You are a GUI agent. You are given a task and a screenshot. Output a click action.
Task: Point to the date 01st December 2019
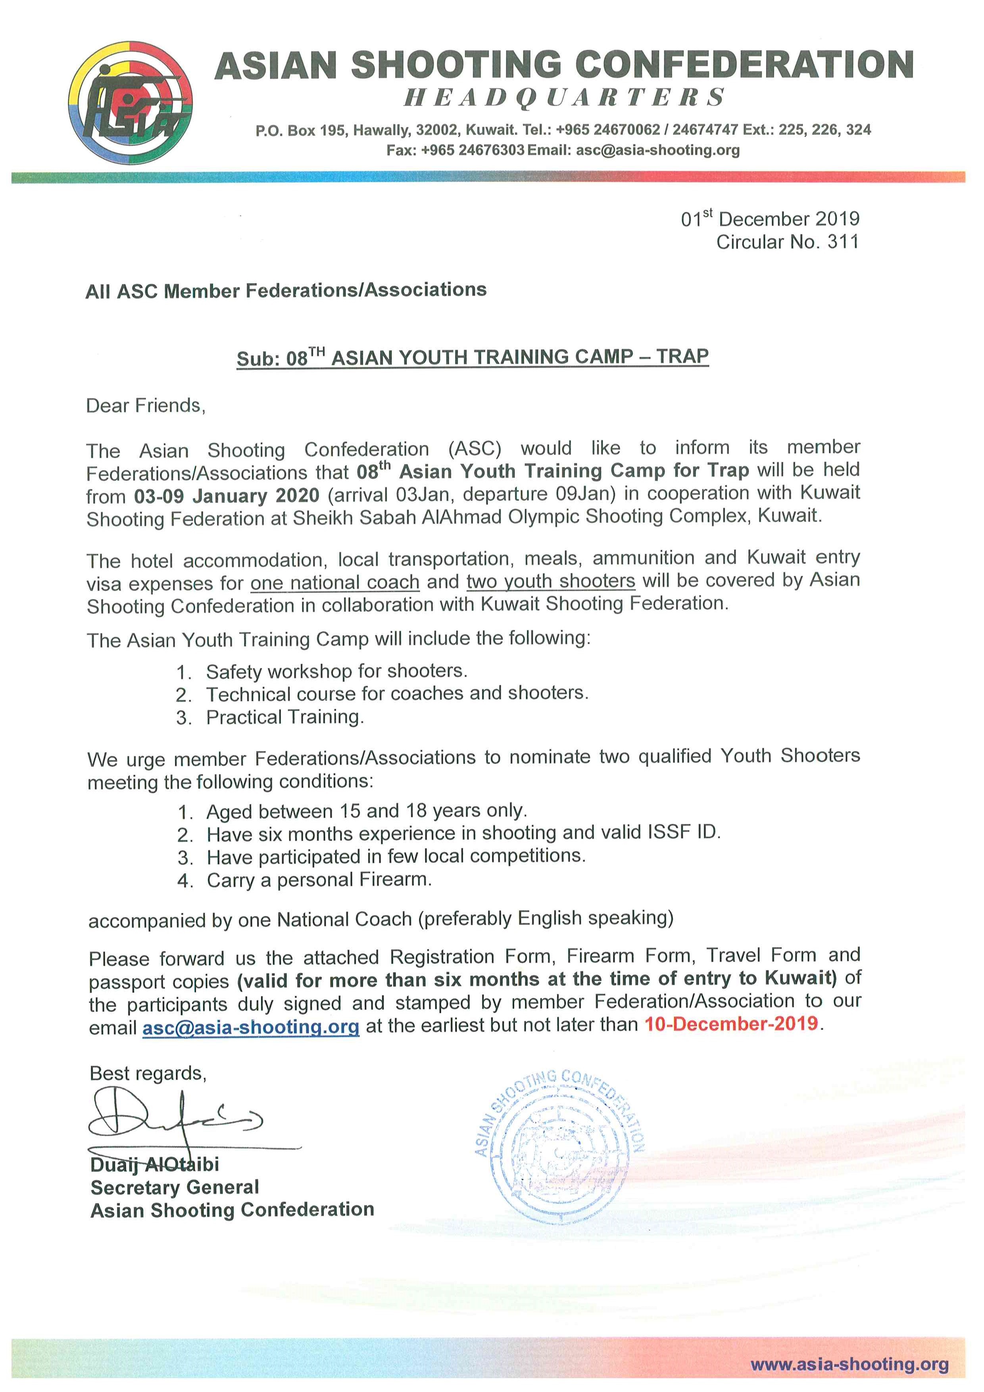tap(770, 219)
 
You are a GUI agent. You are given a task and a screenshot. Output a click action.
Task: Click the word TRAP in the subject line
tap(682, 356)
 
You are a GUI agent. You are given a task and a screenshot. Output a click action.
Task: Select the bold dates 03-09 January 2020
tap(227, 495)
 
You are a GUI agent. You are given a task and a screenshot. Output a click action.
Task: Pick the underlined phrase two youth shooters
tap(551, 581)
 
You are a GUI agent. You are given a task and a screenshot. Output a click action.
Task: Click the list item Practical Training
tap(285, 717)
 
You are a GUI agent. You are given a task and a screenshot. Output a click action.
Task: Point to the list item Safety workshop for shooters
tap(336, 671)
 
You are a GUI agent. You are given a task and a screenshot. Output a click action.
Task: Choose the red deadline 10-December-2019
tap(731, 1024)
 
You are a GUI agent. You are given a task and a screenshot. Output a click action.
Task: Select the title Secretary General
tap(175, 1186)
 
